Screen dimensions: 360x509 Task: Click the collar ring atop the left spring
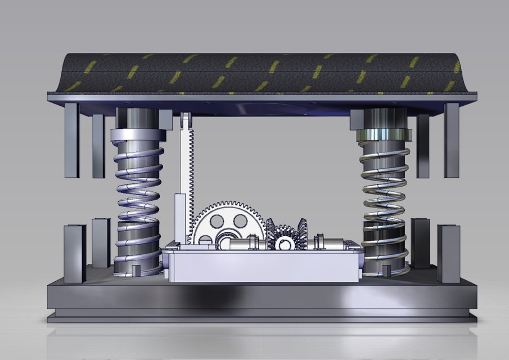(x=138, y=135)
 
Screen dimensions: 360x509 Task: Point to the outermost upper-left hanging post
(x=71, y=139)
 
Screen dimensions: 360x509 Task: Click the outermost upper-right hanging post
(x=451, y=139)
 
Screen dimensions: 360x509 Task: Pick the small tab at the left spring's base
(x=136, y=270)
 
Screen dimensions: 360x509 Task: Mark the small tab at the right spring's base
(x=386, y=270)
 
